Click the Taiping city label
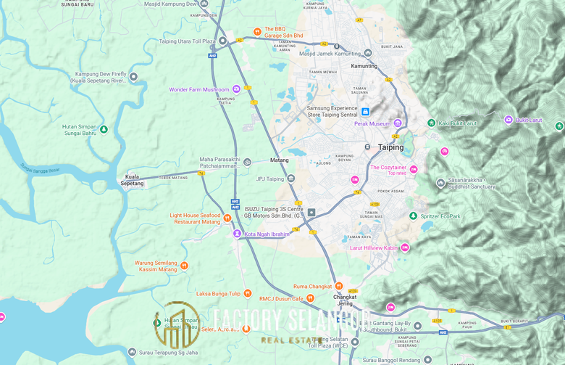[390, 147]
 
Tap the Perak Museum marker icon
[398, 123]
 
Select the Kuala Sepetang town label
[133, 180]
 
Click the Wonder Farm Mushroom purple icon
[236, 89]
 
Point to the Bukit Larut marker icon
[508, 120]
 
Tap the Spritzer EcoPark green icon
[413, 216]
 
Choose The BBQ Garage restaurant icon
[257, 31]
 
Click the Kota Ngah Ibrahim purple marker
[236, 234]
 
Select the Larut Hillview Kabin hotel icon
[405, 247]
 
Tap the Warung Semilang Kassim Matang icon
[184, 266]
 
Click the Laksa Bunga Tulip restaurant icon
[247, 294]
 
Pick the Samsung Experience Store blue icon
[366, 111]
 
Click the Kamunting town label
[364, 66]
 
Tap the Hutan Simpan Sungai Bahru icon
[103, 129]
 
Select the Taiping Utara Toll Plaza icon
[223, 41]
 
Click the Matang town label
[279, 160]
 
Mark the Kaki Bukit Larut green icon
[431, 123]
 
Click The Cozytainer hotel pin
[414, 170]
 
